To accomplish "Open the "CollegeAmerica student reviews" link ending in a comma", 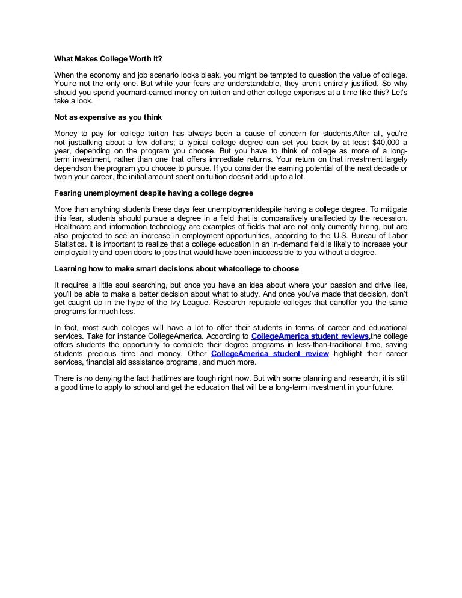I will [x=310, y=336].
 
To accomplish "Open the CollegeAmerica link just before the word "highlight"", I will [x=270, y=353].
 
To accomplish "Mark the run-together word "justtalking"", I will [x=85, y=141].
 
